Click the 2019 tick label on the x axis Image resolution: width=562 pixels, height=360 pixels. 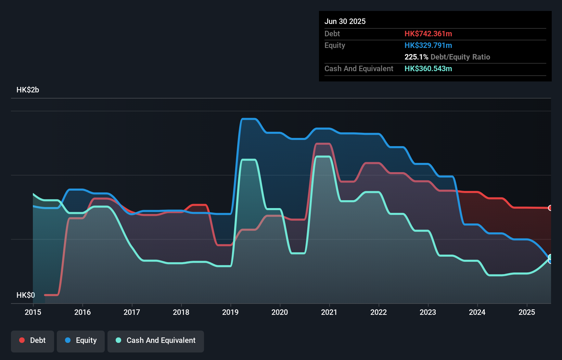[x=230, y=312]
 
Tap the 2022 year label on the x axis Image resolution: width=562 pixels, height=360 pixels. [x=379, y=312]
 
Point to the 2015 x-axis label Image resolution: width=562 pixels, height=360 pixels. [x=33, y=312]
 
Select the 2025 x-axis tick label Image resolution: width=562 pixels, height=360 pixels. [x=527, y=312]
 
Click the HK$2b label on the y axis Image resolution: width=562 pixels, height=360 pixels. [x=28, y=90]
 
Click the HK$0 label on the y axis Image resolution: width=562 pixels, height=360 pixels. [x=26, y=295]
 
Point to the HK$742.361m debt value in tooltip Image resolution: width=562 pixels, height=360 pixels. [x=428, y=34]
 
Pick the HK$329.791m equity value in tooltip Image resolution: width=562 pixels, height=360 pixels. [x=428, y=45]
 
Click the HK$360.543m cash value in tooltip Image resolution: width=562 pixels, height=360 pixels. [x=428, y=68]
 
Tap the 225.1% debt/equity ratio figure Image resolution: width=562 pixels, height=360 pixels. [x=416, y=57]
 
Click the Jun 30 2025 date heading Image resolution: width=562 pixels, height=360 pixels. [x=345, y=21]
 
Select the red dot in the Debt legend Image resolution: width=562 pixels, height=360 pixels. [x=22, y=340]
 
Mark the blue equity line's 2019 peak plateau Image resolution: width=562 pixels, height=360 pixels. [x=249, y=119]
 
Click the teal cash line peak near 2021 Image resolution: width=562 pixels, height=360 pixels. [x=323, y=157]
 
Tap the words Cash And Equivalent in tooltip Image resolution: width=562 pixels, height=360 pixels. [x=359, y=68]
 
